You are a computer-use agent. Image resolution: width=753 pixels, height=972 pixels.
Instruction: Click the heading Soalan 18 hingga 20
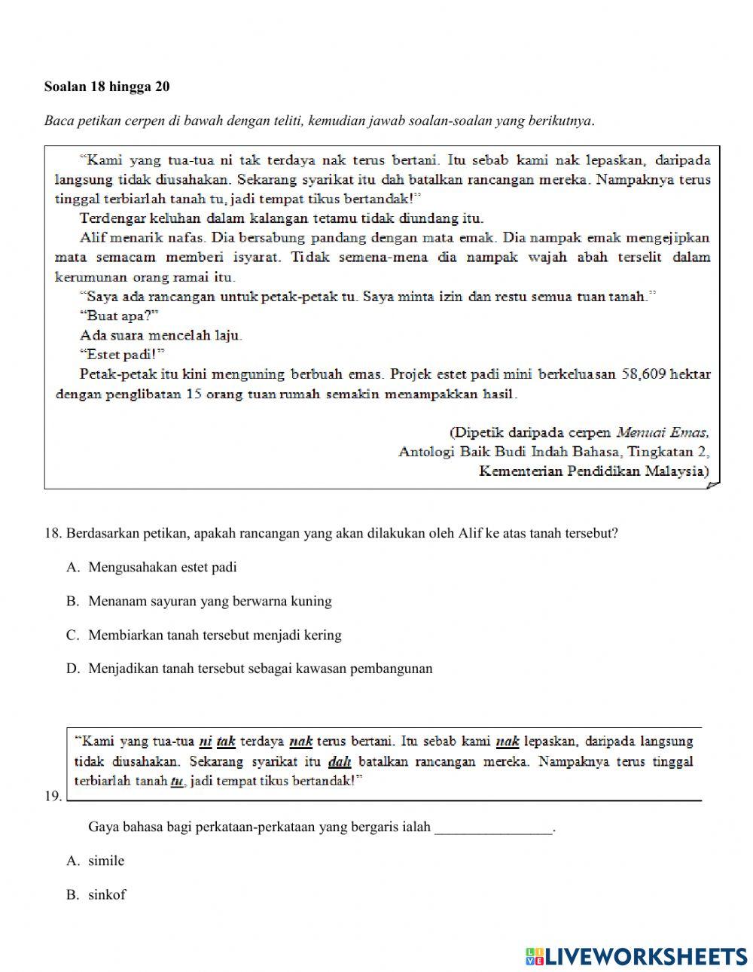point(107,87)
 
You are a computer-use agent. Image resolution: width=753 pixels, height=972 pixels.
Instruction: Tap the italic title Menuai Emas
point(663,432)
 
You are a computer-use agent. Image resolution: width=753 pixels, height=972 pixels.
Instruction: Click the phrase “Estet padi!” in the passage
point(122,355)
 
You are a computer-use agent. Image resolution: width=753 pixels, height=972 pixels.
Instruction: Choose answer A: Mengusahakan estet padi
point(162,568)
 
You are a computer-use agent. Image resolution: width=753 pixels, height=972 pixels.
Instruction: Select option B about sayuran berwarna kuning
point(209,602)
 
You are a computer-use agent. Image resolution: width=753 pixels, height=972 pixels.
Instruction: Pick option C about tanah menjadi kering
point(215,635)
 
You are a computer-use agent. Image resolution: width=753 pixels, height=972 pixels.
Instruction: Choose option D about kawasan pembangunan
point(260,669)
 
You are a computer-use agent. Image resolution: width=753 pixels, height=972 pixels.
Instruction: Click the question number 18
point(52,534)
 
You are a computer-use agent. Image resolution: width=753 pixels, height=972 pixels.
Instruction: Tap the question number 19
point(52,796)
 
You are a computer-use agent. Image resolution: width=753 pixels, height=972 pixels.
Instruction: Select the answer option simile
point(106,861)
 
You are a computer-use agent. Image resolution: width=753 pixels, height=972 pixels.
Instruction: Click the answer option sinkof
point(107,895)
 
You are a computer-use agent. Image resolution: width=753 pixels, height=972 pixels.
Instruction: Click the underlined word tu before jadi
point(177,781)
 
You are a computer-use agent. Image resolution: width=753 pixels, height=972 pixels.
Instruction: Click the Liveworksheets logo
point(636,956)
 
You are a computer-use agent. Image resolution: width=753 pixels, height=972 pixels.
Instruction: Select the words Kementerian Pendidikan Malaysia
point(593,471)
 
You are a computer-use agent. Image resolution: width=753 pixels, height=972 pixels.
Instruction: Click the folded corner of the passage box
point(713,485)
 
